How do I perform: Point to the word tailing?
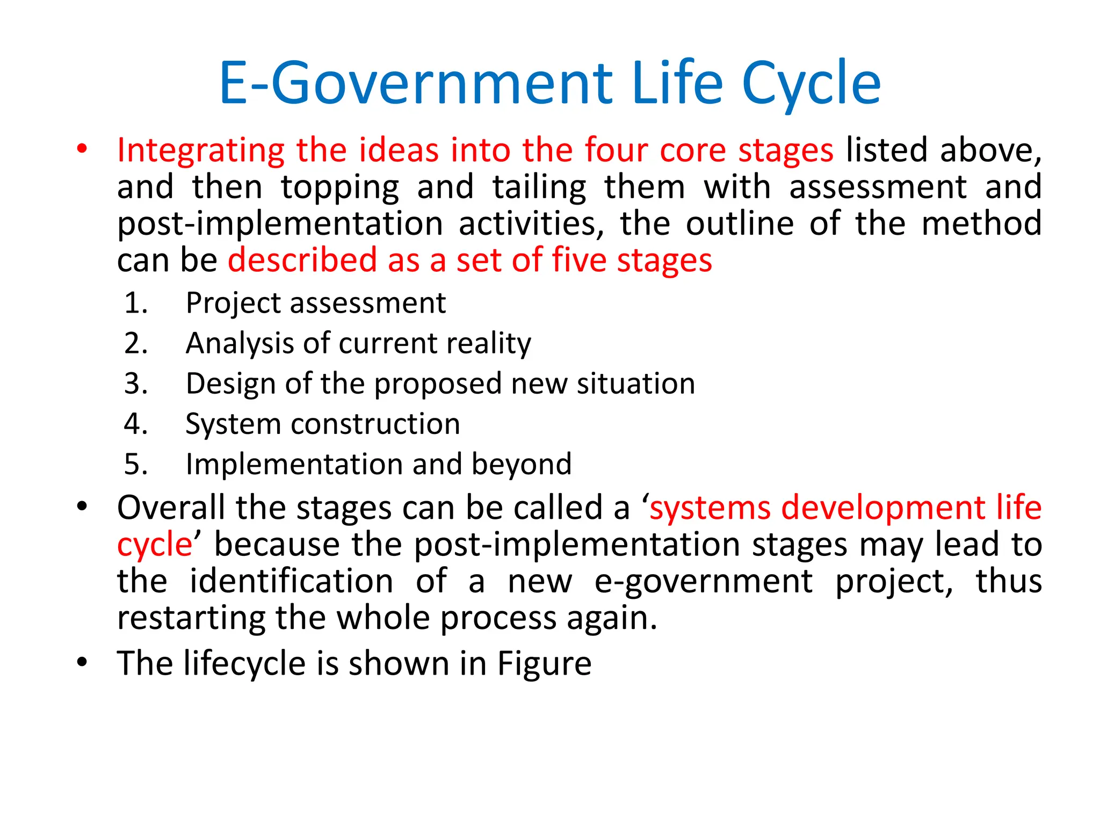pyautogui.click(x=539, y=188)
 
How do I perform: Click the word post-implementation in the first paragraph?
pyautogui.click(x=280, y=224)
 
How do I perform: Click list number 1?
pyautogui.click(x=136, y=303)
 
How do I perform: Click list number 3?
pyautogui.click(x=136, y=383)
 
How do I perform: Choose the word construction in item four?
pyautogui.click(x=375, y=424)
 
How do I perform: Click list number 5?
pyautogui.click(x=136, y=464)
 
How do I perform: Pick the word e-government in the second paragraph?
pyautogui.click(x=703, y=582)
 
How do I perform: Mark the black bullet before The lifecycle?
pyautogui.click(x=82, y=662)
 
